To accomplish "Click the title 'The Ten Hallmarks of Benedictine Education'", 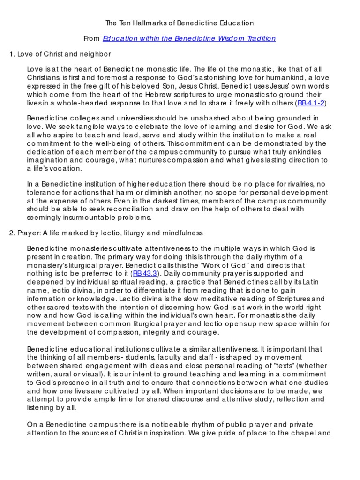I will click(180, 22).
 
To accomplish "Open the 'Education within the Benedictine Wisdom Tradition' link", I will click(189, 38).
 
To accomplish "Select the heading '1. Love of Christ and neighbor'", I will click(60, 54).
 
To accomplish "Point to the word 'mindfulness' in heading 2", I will click(183, 232).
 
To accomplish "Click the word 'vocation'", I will click(66, 169).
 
